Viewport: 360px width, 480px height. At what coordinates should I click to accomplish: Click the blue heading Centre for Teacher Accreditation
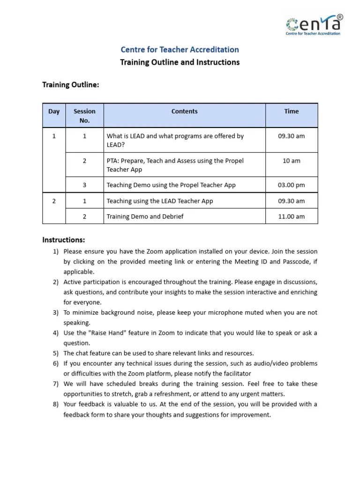coord(180,50)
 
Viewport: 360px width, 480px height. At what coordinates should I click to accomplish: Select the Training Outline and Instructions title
coord(180,62)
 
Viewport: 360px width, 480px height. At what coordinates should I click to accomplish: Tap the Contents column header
coord(184,112)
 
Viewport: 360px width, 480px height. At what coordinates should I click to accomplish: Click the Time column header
coord(291,112)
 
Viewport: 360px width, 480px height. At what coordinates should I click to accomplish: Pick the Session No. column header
coord(84,116)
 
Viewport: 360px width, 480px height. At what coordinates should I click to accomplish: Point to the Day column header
coord(54,112)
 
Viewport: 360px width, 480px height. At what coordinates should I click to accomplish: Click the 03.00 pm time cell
coord(291,185)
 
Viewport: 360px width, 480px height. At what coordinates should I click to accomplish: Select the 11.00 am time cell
coord(291,217)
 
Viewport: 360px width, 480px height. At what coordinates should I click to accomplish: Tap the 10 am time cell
coord(291,161)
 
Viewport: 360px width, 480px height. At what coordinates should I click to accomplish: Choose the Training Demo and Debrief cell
coord(145,217)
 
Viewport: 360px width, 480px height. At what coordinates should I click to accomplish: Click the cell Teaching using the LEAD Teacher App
coord(160,201)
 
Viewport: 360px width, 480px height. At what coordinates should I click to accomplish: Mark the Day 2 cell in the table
coord(54,201)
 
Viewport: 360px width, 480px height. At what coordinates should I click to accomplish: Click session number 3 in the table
coord(84,185)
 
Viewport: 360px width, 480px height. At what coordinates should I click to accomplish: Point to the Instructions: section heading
coord(64,240)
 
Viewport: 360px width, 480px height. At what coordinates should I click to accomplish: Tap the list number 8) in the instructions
coord(55,405)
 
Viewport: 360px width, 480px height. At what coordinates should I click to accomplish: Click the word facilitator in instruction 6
coord(235,374)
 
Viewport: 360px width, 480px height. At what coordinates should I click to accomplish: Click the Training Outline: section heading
coord(71,85)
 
